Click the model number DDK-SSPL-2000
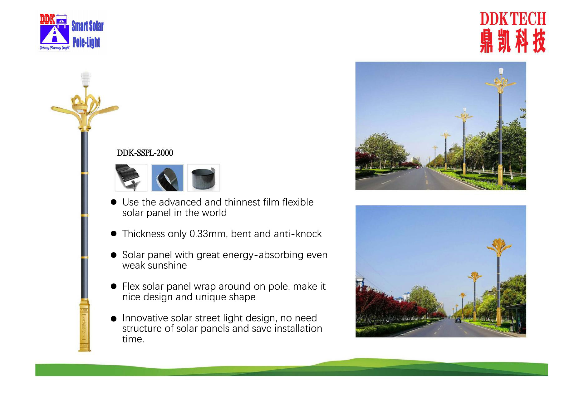[x=145, y=153]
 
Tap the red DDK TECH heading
[x=513, y=19]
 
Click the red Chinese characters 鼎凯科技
[x=513, y=41]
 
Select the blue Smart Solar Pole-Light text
[x=87, y=34]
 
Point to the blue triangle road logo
[x=55, y=34]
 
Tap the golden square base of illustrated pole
[x=84, y=325]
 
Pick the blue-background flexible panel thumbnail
[x=167, y=178]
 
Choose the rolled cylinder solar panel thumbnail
[x=204, y=178]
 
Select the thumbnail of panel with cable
[x=131, y=178]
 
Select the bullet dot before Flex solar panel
[x=114, y=286]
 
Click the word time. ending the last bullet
[x=133, y=339]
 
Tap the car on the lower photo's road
[x=458, y=320]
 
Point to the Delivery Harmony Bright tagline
[x=55, y=48]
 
